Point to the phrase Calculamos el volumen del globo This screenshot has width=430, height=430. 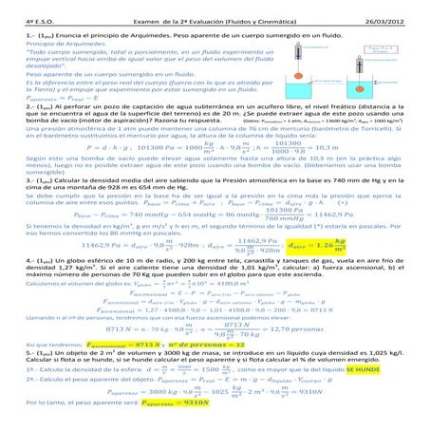coord(63,310)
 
